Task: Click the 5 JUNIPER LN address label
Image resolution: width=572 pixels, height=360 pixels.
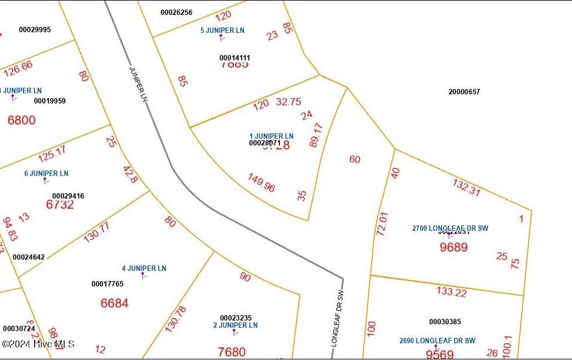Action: coord(223,30)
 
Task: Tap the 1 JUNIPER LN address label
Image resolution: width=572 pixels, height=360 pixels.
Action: coord(271,136)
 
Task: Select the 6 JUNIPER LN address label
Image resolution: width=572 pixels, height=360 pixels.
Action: coord(46,173)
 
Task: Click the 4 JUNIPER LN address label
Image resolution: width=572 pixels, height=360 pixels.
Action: coord(144,269)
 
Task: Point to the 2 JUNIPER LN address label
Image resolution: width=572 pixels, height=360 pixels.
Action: coord(235,325)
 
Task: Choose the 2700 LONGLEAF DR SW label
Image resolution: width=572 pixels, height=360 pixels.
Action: coord(450,228)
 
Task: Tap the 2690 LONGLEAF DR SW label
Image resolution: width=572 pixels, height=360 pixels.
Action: coord(437,341)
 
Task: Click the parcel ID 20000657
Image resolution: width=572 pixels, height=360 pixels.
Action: coord(464,92)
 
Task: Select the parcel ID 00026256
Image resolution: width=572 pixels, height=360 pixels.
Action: coord(177,13)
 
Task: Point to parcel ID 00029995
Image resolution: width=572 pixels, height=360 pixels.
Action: coord(35,30)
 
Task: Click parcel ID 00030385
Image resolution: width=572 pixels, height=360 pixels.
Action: coord(445,322)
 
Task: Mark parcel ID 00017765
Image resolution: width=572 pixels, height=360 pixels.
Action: coord(108,284)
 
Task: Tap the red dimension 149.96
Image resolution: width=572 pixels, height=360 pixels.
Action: coord(261,183)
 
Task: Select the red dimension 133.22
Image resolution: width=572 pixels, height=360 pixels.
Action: coord(452,292)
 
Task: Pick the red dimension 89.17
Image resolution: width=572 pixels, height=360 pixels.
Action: coord(317,135)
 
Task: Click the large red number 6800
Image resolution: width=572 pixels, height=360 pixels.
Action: coord(22,120)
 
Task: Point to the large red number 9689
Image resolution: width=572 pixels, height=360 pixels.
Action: coord(454,247)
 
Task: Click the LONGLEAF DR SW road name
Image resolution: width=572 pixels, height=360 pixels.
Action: coord(339,319)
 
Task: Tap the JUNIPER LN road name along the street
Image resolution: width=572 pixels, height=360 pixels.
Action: coord(138,83)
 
